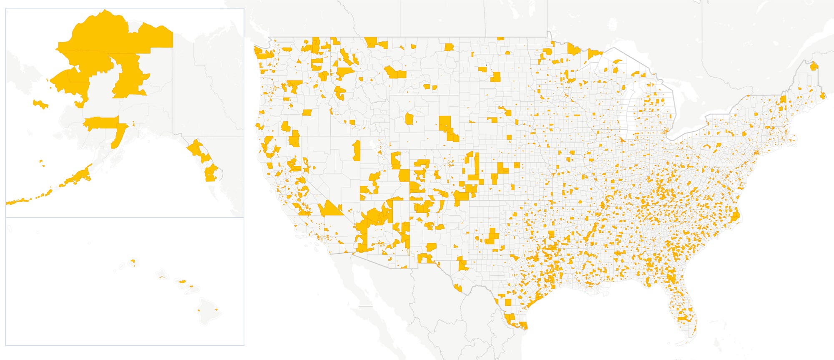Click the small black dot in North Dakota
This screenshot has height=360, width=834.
[x=486, y=65]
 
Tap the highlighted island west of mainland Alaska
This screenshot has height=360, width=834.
[x=40, y=104]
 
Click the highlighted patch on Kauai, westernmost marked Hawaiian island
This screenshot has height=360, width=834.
[x=133, y=262]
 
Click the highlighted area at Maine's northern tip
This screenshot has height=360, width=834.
[x=814, y=66]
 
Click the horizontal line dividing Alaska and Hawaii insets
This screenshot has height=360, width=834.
[x=125, y=217]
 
